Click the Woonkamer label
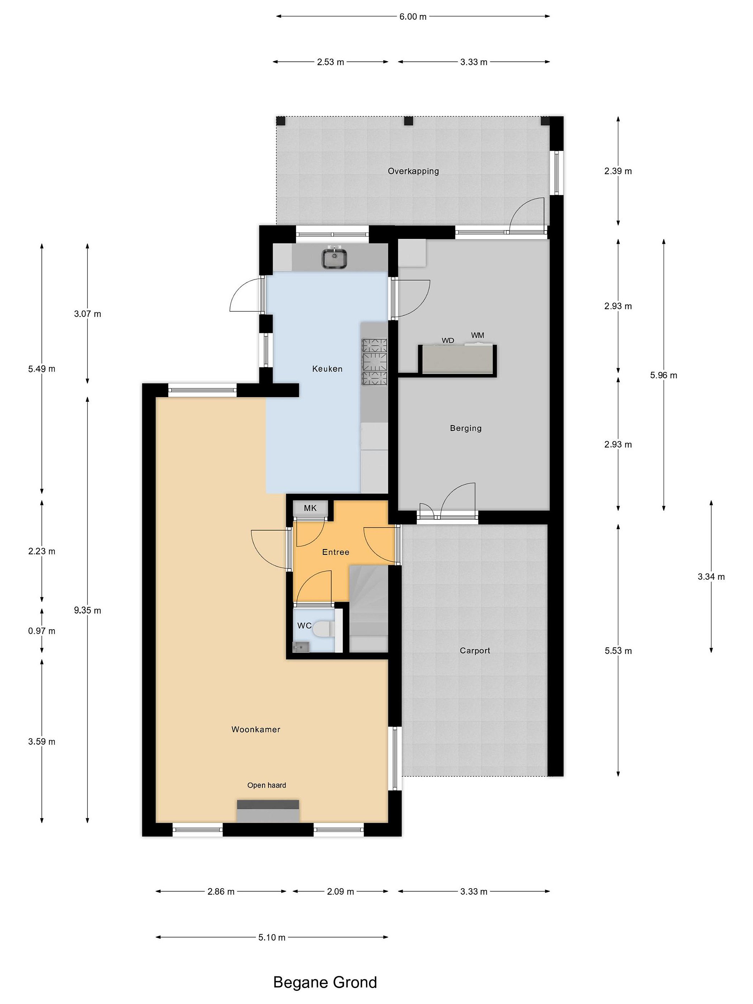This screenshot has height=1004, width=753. click(256, 729)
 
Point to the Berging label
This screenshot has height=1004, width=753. click(466, 428)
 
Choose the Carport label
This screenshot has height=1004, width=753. click(475, 651)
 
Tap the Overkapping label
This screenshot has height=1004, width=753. click(413, 171)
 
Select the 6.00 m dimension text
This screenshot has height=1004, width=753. click(413, 17)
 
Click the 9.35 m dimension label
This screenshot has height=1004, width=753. click(88, 610)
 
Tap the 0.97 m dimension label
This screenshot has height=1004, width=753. click(42, 631)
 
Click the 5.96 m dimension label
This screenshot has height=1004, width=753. click(664, 375)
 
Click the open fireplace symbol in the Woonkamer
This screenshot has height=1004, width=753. click(268, 811)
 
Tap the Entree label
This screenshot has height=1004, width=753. click(335, 552)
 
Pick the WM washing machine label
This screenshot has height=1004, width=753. click(478, 335)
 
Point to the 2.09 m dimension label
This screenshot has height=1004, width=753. click(340, 891)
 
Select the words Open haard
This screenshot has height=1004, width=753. click(266, 785)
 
